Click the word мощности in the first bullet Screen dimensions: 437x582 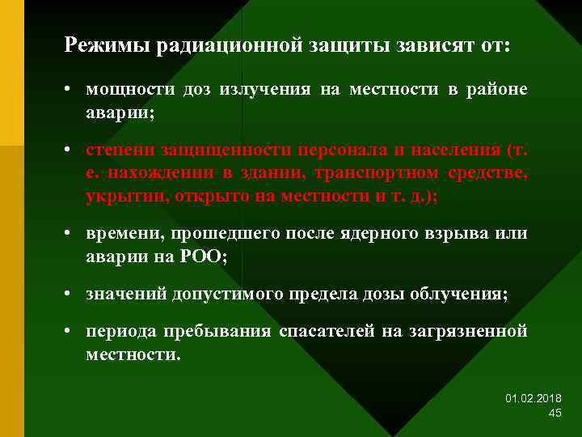(122, 90)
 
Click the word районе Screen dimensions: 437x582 (499, 90)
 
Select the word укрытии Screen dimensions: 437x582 (117, 196)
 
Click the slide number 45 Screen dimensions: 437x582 (555, 413)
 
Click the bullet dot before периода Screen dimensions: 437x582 (72, 332)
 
